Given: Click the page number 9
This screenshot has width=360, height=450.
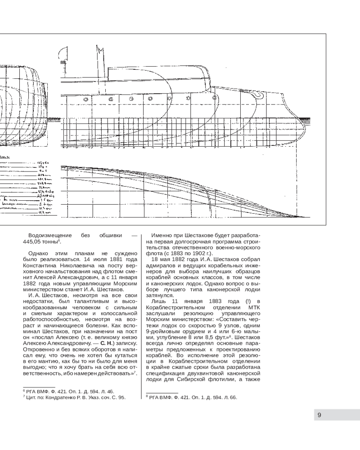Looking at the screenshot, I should tap(319, 415).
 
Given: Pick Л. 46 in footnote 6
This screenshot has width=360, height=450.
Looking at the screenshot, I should tap(107, 391).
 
